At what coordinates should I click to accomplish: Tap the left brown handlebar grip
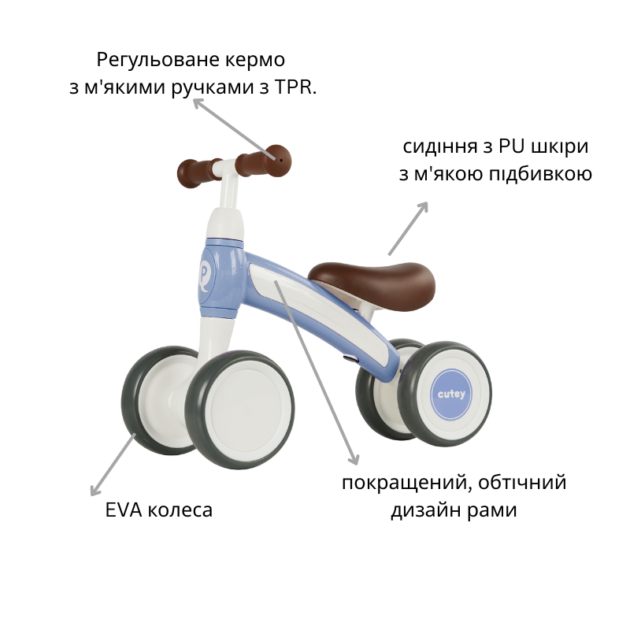[x=197, y=169]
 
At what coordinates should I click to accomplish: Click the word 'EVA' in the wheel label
[x=122, y=510]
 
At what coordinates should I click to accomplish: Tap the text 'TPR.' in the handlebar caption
[x=295, y=87]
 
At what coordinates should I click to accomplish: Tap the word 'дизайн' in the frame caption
[x=426, y=510]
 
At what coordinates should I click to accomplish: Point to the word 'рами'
[x=492, y=510]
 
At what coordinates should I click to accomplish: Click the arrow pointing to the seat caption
[x=408, y=228]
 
